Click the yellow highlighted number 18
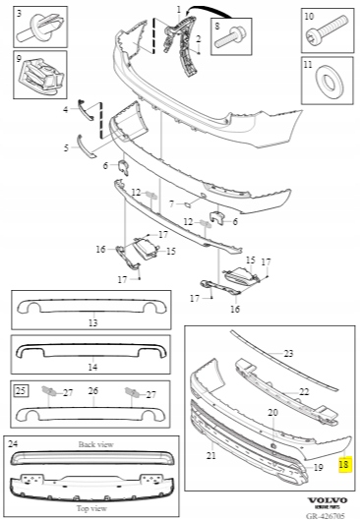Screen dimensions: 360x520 click(343, 464)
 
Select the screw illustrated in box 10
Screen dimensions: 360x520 click(327, 30)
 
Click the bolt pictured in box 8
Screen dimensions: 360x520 click(230, 36)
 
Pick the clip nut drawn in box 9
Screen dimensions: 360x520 click(39, 74)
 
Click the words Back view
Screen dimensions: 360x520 click(95, 444)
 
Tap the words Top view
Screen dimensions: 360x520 click(91, 508)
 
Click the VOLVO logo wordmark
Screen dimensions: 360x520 click(327, 500)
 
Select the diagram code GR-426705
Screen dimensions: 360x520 click(326, 516)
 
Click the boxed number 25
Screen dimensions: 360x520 click(21, 390)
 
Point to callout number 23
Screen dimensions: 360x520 click(288, 353)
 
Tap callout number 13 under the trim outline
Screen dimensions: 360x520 click(92, 322)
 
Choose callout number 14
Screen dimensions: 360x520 click(92, 367)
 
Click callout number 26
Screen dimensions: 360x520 click(92, 390)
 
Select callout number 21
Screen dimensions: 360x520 click(211, 456)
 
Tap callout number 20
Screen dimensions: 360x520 click(272, 412)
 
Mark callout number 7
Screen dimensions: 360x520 click(171, 203)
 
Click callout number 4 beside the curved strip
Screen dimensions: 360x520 click(66, 109)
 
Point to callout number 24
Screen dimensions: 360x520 click(13, 443)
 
